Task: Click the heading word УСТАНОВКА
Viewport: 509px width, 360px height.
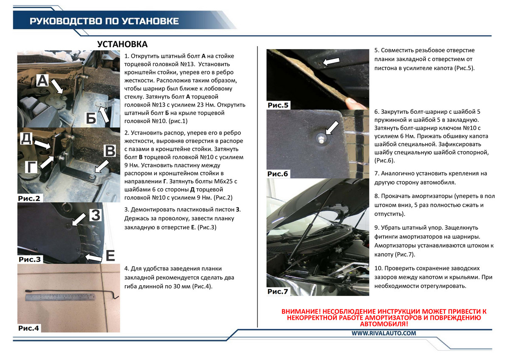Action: pos(122,45)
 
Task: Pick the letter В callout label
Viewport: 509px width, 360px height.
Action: pos(109,152)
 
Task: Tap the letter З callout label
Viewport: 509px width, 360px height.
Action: pos(96,215)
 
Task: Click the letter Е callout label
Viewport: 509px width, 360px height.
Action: pos(110,256)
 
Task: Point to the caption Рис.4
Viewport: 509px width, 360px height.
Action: pos(29,328)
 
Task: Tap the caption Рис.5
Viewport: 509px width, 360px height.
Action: pos(278,105)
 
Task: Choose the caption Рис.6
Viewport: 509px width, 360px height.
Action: pos(278,174)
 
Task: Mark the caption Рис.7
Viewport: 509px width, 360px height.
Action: pos(278,291)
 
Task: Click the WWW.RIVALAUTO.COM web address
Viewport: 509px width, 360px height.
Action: pos(383,334)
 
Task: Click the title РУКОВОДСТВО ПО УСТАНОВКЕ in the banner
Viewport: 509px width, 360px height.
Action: pos(104,21)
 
